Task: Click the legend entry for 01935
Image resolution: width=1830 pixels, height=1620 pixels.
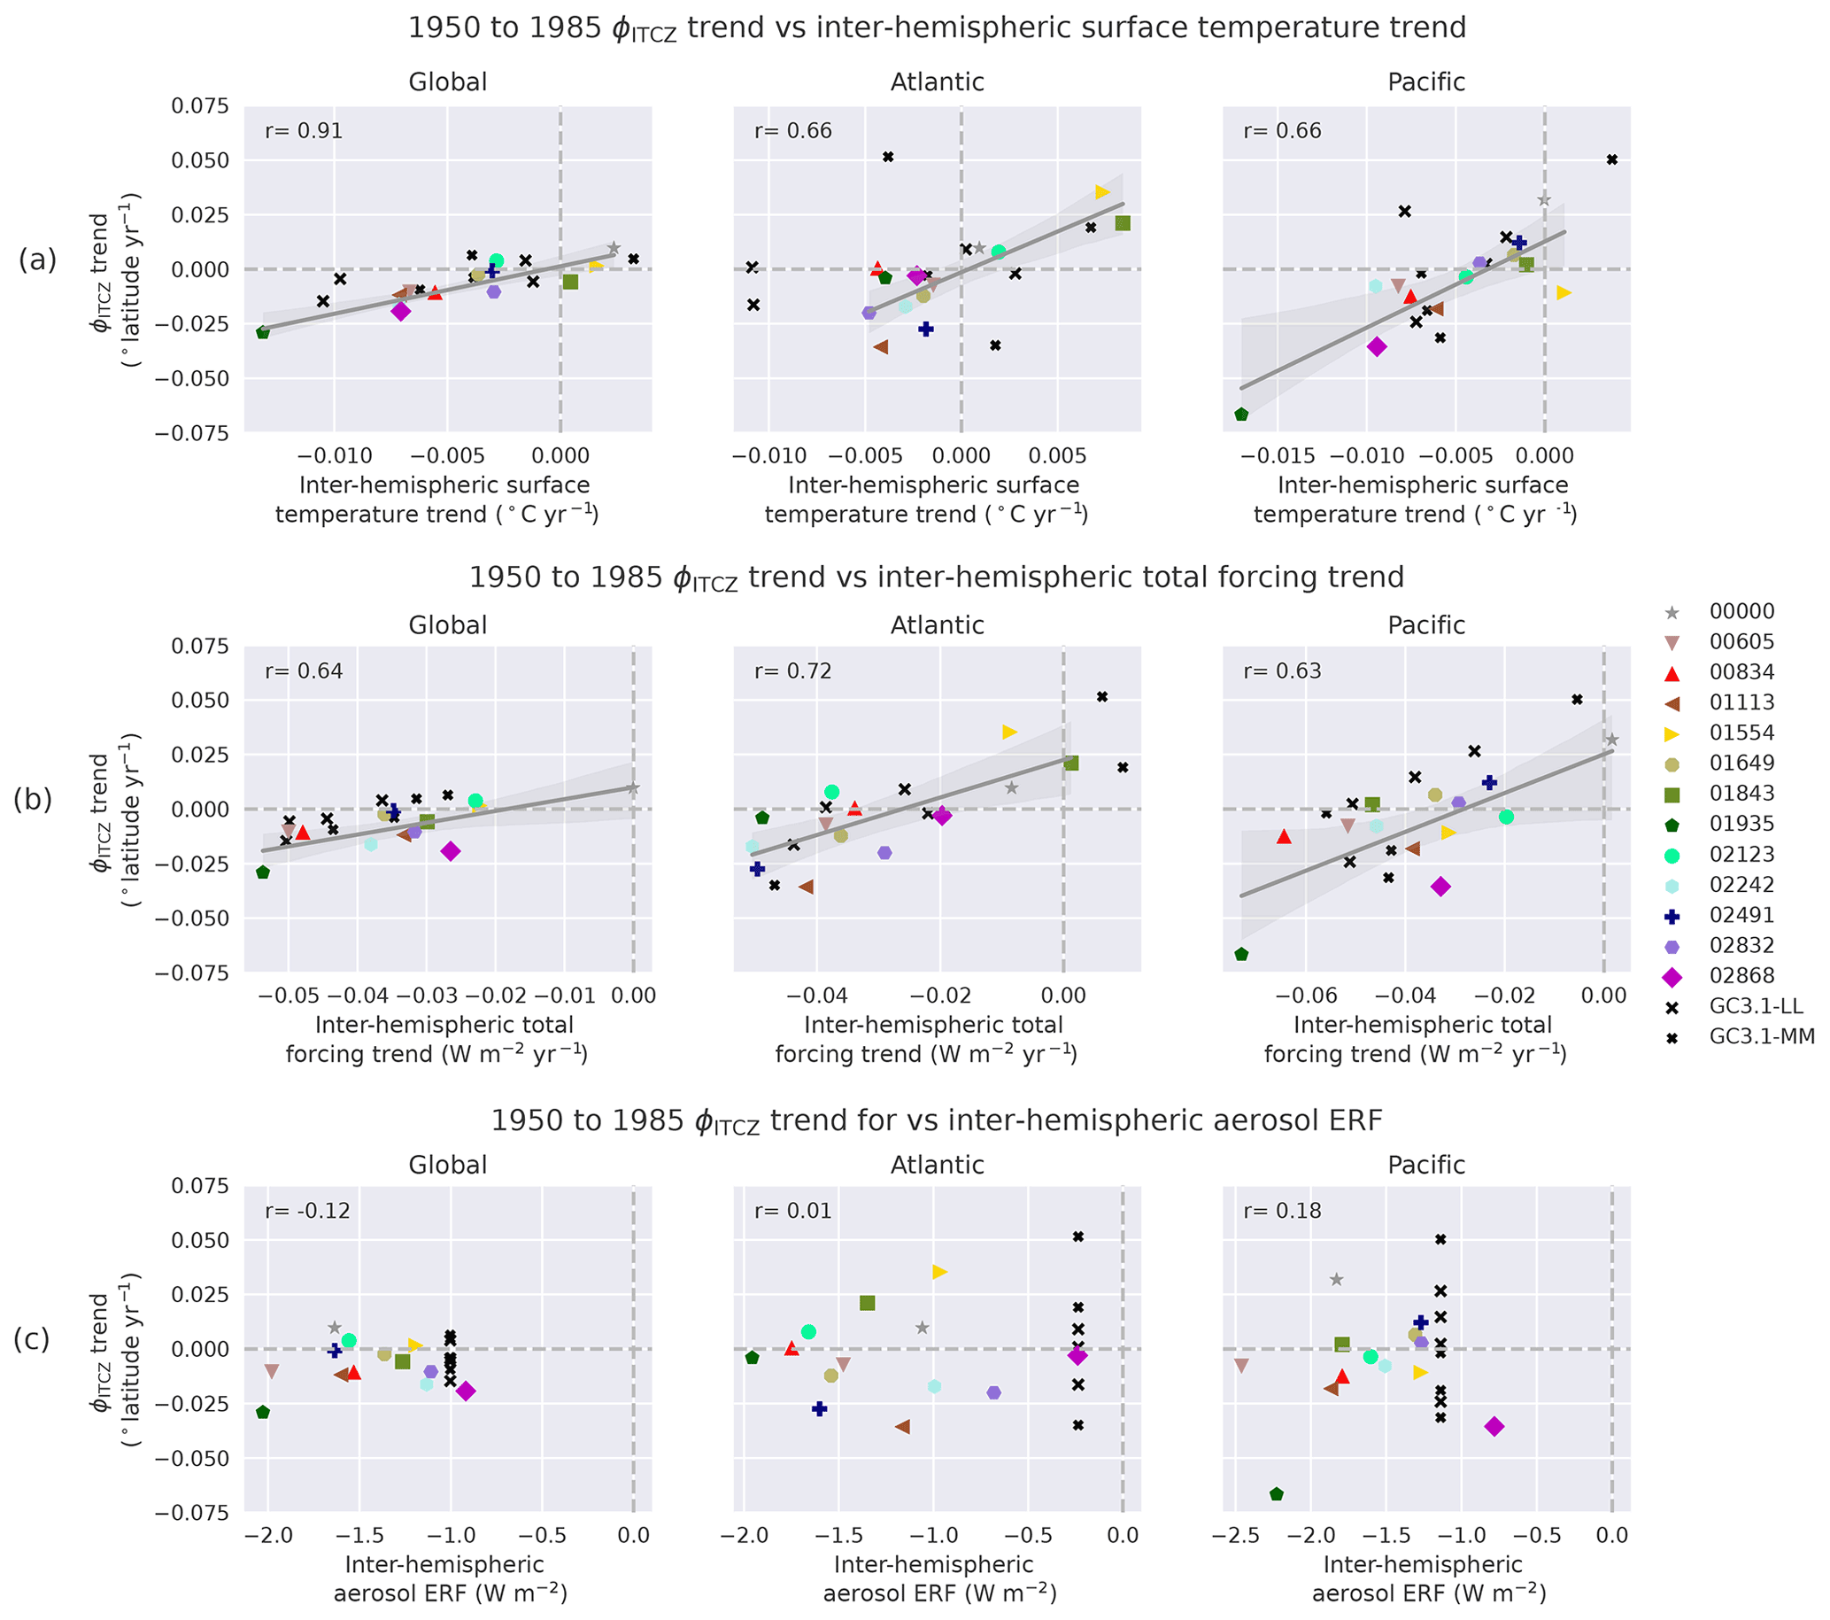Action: click(x=1741, y=823)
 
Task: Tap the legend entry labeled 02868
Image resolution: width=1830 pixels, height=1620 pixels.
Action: click(x=1741, y=975)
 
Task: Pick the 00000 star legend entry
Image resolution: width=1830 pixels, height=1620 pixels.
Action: click(x=1741, y=611)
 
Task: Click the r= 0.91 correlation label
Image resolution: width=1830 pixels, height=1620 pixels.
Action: click(x=304, y=131)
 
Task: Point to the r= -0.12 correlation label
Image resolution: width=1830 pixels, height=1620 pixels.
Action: click(x=304, y=1211)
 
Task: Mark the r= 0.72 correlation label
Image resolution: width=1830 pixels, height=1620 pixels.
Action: click(x=792, y=670)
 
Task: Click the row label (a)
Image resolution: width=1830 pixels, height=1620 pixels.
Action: click(x=37, y=260)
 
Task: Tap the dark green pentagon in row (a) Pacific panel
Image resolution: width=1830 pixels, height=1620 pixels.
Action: click(x=1241, y=415)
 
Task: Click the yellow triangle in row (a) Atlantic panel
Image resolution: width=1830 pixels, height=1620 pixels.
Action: click(x=1102, y=191)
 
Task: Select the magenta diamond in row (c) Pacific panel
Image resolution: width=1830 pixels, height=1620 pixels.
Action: click(x=1494, y=1427)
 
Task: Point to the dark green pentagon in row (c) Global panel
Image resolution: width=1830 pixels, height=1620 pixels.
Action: click(x=263, y=1412)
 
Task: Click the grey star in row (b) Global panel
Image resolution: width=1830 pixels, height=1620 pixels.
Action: click(x=632, y=788)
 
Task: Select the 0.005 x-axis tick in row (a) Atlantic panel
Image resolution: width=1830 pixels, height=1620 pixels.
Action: click(x=1058, y=456)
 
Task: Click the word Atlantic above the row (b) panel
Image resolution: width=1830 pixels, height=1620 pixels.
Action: click(x=937, y=625)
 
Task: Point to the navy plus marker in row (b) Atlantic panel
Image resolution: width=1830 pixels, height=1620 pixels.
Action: click(x=758, y=869)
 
